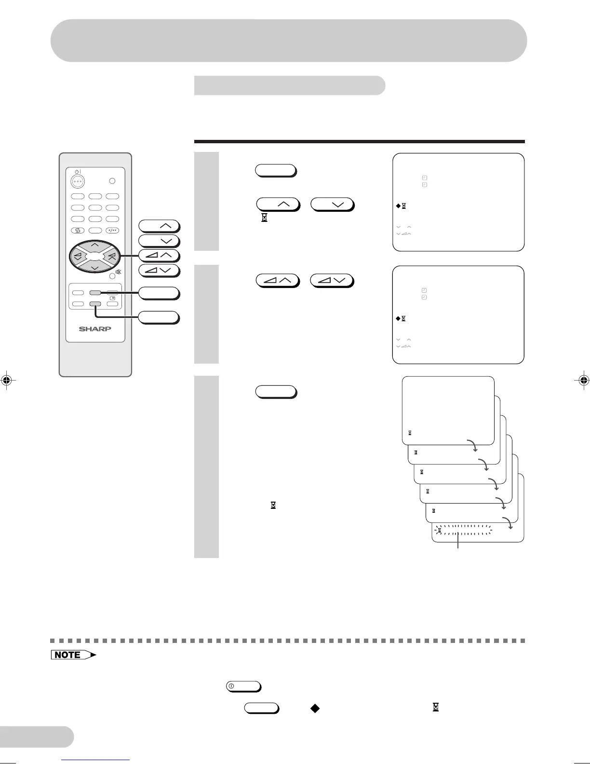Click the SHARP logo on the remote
coord(95,329)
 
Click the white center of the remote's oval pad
coord(95,256)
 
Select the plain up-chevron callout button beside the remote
coord(159,226)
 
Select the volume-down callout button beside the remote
coord(159,270)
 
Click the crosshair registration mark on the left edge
coord(6,380)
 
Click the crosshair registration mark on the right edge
coord(583,380)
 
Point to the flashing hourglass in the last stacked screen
coord(440,531)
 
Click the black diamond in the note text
coord(315,708)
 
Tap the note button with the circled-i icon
coord(243,686)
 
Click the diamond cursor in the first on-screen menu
coord(398,206)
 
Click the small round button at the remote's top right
coord(112,181)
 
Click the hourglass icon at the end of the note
coord(436,708)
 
